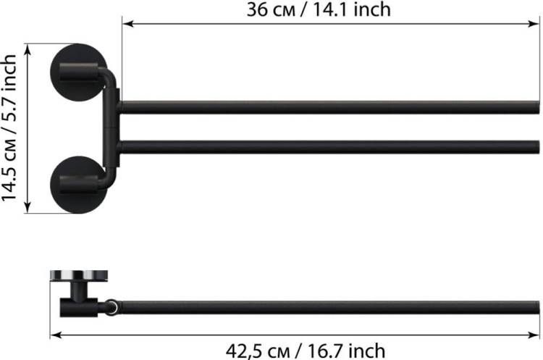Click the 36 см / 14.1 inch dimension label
(319, 9)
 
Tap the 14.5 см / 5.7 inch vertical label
(9, 128)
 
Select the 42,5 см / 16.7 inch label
(306, 351)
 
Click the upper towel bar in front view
(329, 107)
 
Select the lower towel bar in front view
(329, 147)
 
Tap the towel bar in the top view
(329, 308)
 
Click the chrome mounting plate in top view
(79, 275)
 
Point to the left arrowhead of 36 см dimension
(127, 24)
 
